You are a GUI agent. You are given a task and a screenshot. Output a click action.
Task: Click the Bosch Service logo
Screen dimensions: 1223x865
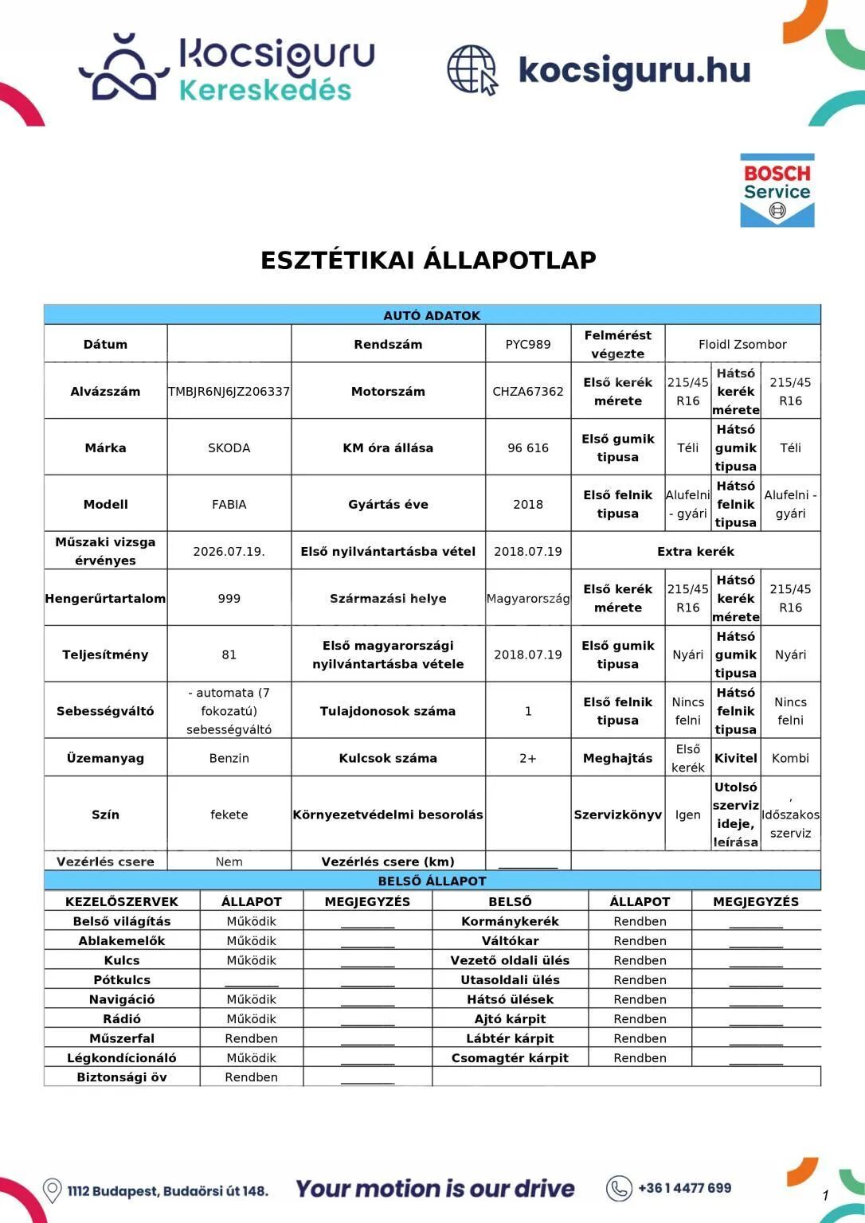point(777,190)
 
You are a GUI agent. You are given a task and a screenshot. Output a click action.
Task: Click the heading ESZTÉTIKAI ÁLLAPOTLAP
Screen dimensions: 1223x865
point(429,260)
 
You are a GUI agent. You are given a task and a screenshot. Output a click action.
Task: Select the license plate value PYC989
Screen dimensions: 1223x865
point(527,344)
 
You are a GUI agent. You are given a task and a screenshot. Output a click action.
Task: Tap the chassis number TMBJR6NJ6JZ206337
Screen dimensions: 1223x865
point(229,391)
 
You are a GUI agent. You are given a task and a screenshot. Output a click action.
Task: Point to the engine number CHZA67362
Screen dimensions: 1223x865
point(527,391)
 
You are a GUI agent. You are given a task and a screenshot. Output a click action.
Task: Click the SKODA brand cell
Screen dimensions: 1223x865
point(229,447)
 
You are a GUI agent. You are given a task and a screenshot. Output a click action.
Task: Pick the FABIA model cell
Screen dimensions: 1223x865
point(229,504)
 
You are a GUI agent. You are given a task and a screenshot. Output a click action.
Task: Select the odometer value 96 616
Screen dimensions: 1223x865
point(527,447)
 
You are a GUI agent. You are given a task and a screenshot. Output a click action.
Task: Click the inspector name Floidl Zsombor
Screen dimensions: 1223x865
point(742,344)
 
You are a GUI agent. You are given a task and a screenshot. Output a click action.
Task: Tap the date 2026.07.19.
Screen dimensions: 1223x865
point(229,551)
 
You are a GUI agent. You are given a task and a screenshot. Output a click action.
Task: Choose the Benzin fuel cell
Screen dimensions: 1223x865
point(229,758)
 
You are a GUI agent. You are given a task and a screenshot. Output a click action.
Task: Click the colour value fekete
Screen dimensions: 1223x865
point(229,815)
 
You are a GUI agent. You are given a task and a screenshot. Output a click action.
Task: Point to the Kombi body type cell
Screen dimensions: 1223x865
point(790,758)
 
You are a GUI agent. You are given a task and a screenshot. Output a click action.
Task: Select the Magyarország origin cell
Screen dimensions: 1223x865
point(527,598)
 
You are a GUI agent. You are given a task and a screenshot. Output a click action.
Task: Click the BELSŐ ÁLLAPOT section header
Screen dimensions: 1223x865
point(432,881)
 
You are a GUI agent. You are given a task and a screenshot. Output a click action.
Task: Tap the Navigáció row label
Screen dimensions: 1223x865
point(122,999)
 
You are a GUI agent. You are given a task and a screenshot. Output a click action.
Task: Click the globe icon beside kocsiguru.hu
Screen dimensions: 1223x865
point(472,70)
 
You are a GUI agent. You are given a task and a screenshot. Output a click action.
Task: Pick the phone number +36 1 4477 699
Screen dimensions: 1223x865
point(684,1188)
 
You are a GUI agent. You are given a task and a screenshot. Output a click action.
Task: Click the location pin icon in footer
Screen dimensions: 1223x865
point(52,1190)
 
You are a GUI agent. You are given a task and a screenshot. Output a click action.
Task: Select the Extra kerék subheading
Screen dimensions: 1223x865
point(695,551)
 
